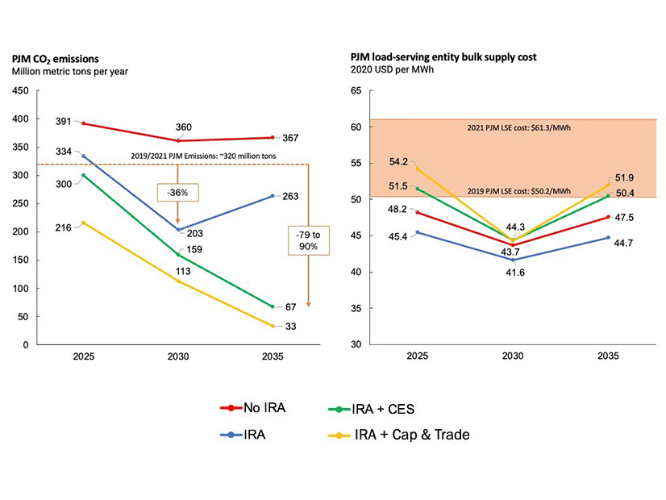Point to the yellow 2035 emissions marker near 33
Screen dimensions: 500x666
pyautogui.click(x=273, y=326)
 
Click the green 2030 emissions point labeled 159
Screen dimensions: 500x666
pyautogui.click(x=177, y=255)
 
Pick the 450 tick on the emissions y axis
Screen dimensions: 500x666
pyautogui.click(x=19, y=91)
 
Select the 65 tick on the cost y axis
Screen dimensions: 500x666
pyautogui.click(x=356, y=91)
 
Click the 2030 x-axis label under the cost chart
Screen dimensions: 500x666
pyautogui.click(x=513, y=356)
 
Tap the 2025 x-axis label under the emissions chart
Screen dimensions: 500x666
pyautogui.click(x=82, y=356)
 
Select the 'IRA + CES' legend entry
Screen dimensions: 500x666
pyautogui.click(x=383, y=409)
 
